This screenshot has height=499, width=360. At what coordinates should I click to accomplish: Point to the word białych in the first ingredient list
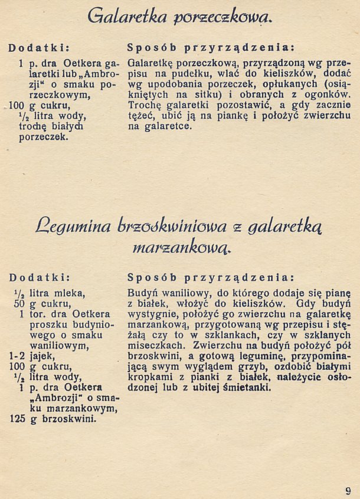click(x=67, y=127)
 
